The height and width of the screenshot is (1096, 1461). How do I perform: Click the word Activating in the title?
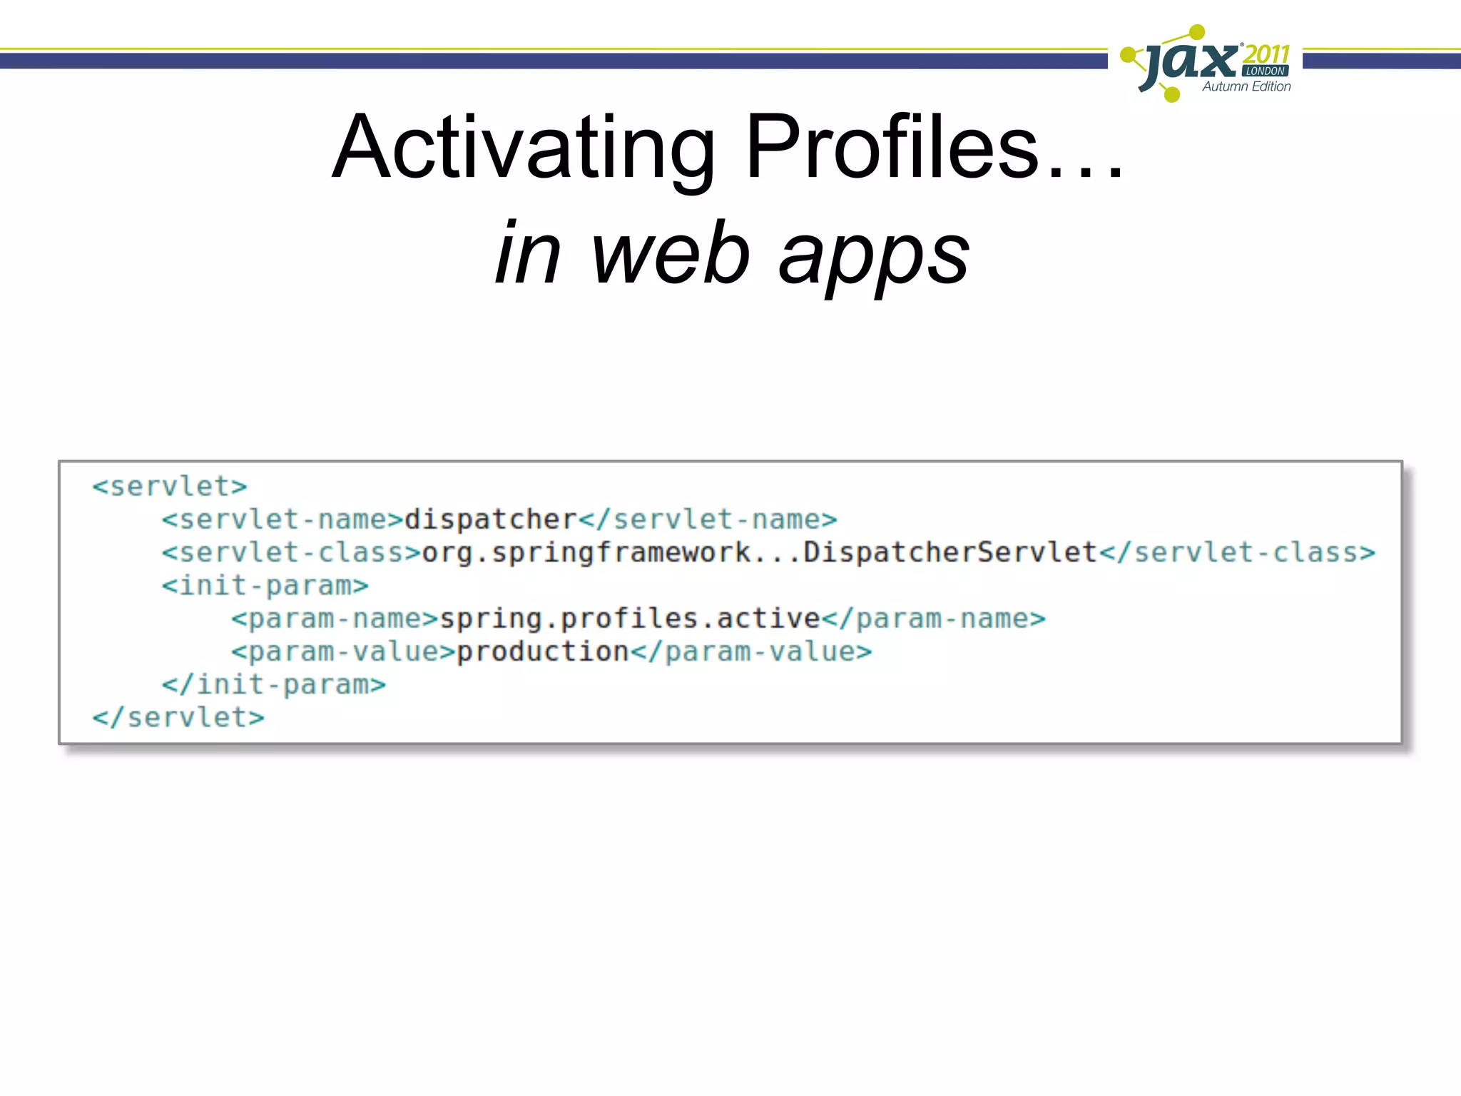tap(524, 148)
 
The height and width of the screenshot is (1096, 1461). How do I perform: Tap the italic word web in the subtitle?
tap(670, 253)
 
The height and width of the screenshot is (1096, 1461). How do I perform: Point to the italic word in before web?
tap(527, 253)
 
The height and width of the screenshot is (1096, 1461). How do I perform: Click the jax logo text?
tap(1191, 63)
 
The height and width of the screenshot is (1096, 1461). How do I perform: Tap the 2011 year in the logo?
tap(1266, 54)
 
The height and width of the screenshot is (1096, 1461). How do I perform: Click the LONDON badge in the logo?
tap(1265, 71)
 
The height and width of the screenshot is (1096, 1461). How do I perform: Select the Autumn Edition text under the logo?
tap(1246, 86)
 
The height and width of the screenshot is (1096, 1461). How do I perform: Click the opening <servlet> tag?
tap(170, 487)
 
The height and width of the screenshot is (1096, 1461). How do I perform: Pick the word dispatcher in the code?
tap(491, 519)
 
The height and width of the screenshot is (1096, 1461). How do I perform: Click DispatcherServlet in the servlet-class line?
tap(950, 552)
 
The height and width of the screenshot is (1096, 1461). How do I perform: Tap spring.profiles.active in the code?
tap(630, 619)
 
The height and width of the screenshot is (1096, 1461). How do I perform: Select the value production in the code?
tap(542, 651)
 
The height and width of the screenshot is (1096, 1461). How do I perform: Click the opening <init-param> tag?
tap(265, 586)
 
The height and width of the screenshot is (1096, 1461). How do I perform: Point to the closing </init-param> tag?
tap(273, 685)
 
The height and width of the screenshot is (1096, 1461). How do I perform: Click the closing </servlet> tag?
tap(178, 718)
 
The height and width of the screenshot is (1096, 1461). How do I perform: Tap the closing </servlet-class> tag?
tap(1237, 552)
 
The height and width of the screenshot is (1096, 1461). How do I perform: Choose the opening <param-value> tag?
tap(343, 651)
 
